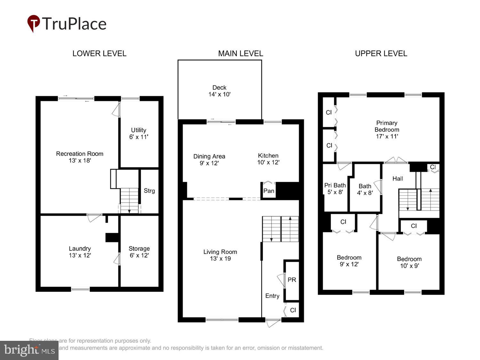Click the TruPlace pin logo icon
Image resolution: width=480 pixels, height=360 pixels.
tap(33, 23)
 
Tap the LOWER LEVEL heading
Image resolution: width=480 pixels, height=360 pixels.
tap(99, 53)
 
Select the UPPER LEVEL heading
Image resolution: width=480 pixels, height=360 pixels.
tap(381, 53)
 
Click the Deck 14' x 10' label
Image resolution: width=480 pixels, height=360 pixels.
tap(219, 91)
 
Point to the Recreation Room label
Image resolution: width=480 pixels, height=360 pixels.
tap(80, 157)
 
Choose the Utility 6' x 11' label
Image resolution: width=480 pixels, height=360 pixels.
tap(139, 133)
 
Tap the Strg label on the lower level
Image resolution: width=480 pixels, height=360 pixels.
tap(149, 191)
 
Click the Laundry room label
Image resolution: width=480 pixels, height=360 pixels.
tap(80, 252)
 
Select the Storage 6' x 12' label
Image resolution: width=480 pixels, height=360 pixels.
tap(139, 252)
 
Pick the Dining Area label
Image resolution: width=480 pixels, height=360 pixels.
tap(209, 160)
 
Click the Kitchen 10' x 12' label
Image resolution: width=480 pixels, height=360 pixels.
tap(268, 159)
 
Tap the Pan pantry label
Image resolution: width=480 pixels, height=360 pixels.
tap(269, 191)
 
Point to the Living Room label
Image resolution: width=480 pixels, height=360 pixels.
tap(220, 255)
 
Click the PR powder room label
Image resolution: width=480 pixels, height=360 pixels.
tap(292, 280)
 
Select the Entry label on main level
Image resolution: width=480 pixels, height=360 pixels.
tap(272, 296)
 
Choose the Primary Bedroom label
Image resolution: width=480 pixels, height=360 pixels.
tap(387, 130)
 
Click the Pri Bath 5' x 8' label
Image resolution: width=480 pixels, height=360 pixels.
tap(335, 188)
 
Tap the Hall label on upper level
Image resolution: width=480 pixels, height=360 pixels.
tap(397, 179)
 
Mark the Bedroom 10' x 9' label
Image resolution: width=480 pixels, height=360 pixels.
tap(409, 262)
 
